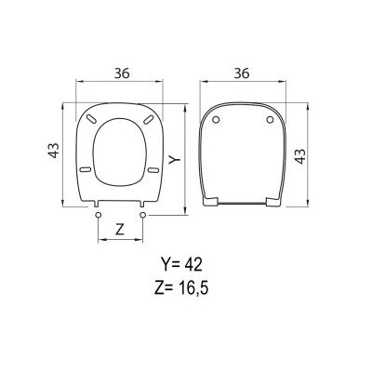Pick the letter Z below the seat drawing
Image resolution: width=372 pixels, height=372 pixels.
[119, 226]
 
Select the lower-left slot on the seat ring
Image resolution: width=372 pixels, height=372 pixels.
[86, 169]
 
